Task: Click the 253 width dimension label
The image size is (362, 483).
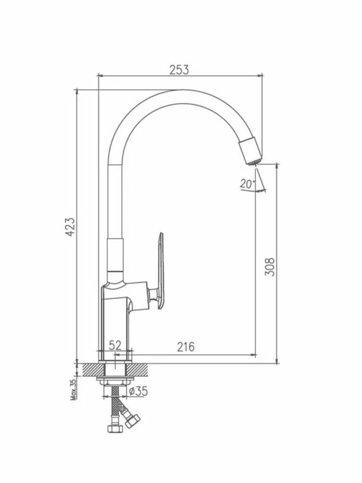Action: coord(179,70)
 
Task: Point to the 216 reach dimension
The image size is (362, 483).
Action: coord(185,347)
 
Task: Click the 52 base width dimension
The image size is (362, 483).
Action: coord(115,345)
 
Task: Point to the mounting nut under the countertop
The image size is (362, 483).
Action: coord(115,382)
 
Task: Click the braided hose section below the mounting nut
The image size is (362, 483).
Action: coord(115,398)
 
